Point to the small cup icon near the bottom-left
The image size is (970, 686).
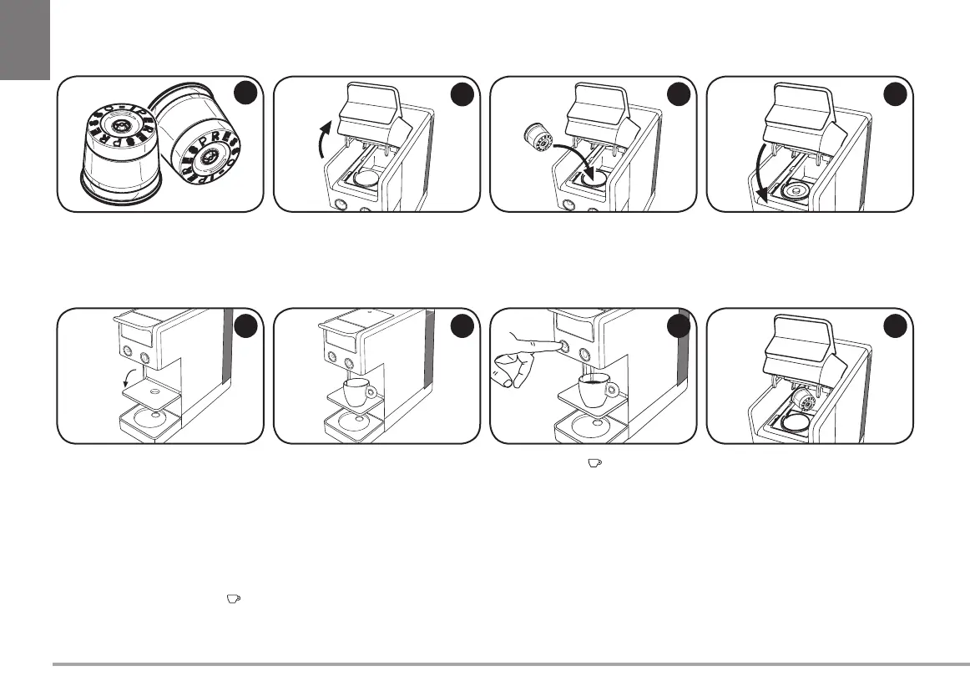(x=234, y=598)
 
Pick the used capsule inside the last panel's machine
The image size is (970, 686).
(x=803, y=403)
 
